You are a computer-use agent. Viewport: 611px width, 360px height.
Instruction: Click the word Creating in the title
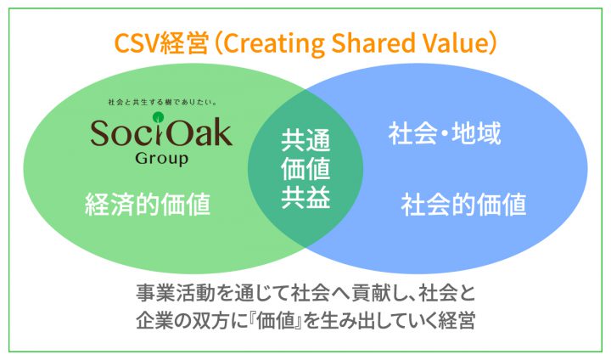(x=273, y=43)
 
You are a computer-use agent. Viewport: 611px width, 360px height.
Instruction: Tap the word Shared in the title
(x=373, y=42)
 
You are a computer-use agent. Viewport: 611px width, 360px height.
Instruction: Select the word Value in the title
(x=453, y=42)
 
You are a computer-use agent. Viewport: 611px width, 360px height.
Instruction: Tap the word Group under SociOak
(x=162, y=159)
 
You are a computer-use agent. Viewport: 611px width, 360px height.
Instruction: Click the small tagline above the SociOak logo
(x=162, y=102)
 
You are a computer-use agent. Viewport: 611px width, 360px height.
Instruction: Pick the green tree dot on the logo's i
(x=158, y=116)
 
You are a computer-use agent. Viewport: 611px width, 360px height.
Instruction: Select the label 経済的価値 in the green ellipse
(x=148, y=204)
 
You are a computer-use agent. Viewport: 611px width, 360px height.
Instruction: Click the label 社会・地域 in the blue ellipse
(x=445, y=133)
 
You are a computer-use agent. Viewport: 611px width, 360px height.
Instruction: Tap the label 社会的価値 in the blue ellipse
(x=463, y=204)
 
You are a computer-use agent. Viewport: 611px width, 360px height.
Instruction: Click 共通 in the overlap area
(x=305, y=140)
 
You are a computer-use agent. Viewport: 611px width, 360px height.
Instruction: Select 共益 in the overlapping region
(x=305, y=197)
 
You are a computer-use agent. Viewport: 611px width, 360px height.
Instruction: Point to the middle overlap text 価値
(x=305, y=168)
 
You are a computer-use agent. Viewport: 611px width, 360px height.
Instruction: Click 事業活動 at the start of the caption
(x=175, y=293)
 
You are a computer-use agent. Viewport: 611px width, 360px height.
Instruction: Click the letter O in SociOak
(x=180, y=132)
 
